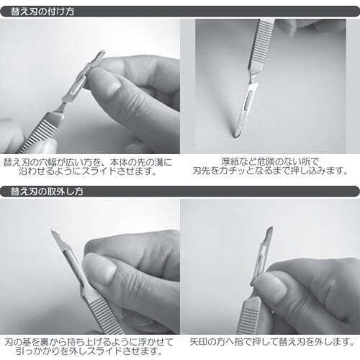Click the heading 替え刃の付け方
pos(42,12)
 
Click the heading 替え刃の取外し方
pos(47,192)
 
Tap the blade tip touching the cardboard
pos(235,136)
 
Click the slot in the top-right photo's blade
pos(248,99)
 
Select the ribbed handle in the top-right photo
pos(260,45)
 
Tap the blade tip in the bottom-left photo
pos(53,231)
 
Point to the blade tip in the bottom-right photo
pos(271,228)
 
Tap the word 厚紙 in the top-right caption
pos(230,161)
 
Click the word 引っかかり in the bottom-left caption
pos(38,351)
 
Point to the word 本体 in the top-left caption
pos(119,163)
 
